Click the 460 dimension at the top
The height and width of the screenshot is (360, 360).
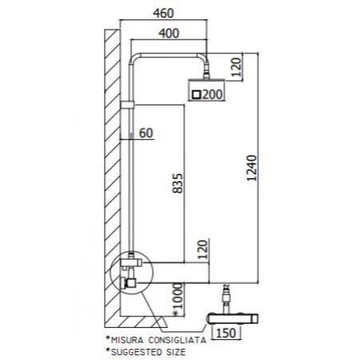163,14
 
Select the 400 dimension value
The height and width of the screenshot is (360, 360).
169,34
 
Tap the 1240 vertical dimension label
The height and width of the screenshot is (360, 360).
251,168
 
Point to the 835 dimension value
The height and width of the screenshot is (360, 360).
178,183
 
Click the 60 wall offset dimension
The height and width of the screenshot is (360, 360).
146,134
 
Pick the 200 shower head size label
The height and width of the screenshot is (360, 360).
212,94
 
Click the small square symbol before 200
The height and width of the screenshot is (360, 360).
197,94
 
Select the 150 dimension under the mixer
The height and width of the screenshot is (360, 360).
226,333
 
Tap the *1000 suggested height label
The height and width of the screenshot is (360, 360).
178,299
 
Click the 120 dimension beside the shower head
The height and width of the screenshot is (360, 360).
236,67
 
